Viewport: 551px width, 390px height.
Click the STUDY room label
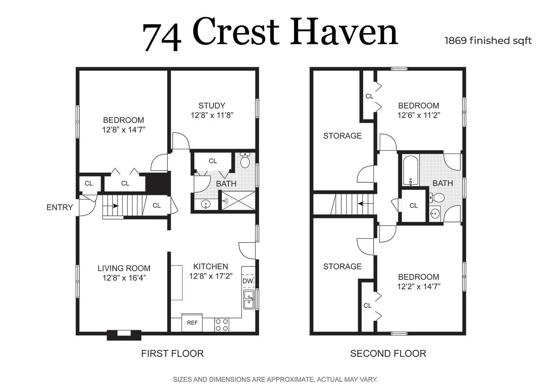(x=212, y=105)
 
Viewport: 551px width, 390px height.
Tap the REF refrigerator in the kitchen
(x=192, y=322)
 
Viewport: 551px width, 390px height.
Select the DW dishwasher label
(x=248, y=281)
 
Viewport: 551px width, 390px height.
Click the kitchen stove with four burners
(x=222, y=325)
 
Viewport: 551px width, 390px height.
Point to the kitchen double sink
(x=249, y=300)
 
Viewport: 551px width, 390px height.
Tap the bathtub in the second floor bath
(x=411, y=171)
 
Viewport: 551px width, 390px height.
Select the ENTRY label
(x=60, y=207)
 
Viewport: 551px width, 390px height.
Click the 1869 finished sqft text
(x=488, y=41)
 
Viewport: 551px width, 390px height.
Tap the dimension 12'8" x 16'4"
(x=124, y=278)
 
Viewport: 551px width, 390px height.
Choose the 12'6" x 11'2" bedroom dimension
(x=419, y=115)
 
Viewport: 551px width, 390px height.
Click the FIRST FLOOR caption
(x=172, y=354)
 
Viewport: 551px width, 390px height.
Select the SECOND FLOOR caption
(x=388, y=354)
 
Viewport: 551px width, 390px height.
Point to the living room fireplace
(x=124, y=335)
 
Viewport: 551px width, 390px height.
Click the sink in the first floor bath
(x=206, y=204)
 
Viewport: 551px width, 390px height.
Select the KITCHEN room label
(x=210, y=266)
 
